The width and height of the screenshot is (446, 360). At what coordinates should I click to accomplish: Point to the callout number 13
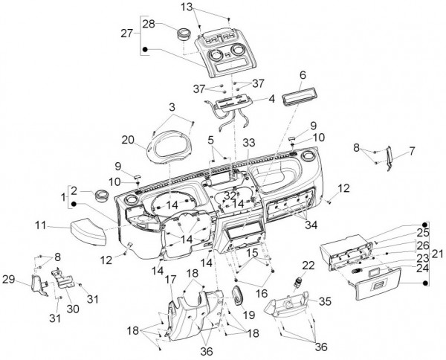[x=187, y=6]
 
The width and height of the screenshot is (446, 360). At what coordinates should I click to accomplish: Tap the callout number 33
[x=247, y=141]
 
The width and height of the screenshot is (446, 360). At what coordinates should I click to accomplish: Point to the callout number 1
[x=64, y=196]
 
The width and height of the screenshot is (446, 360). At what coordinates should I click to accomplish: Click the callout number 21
[x=436, y=254]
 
